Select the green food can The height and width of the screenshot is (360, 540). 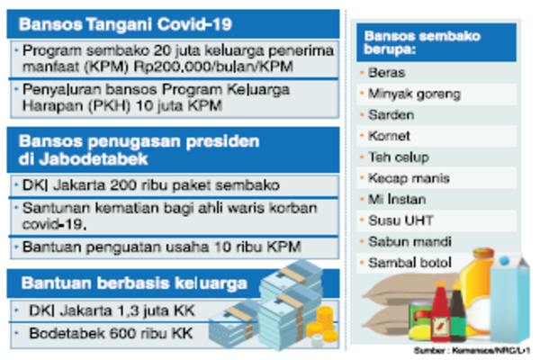click(x=418, y=319)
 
